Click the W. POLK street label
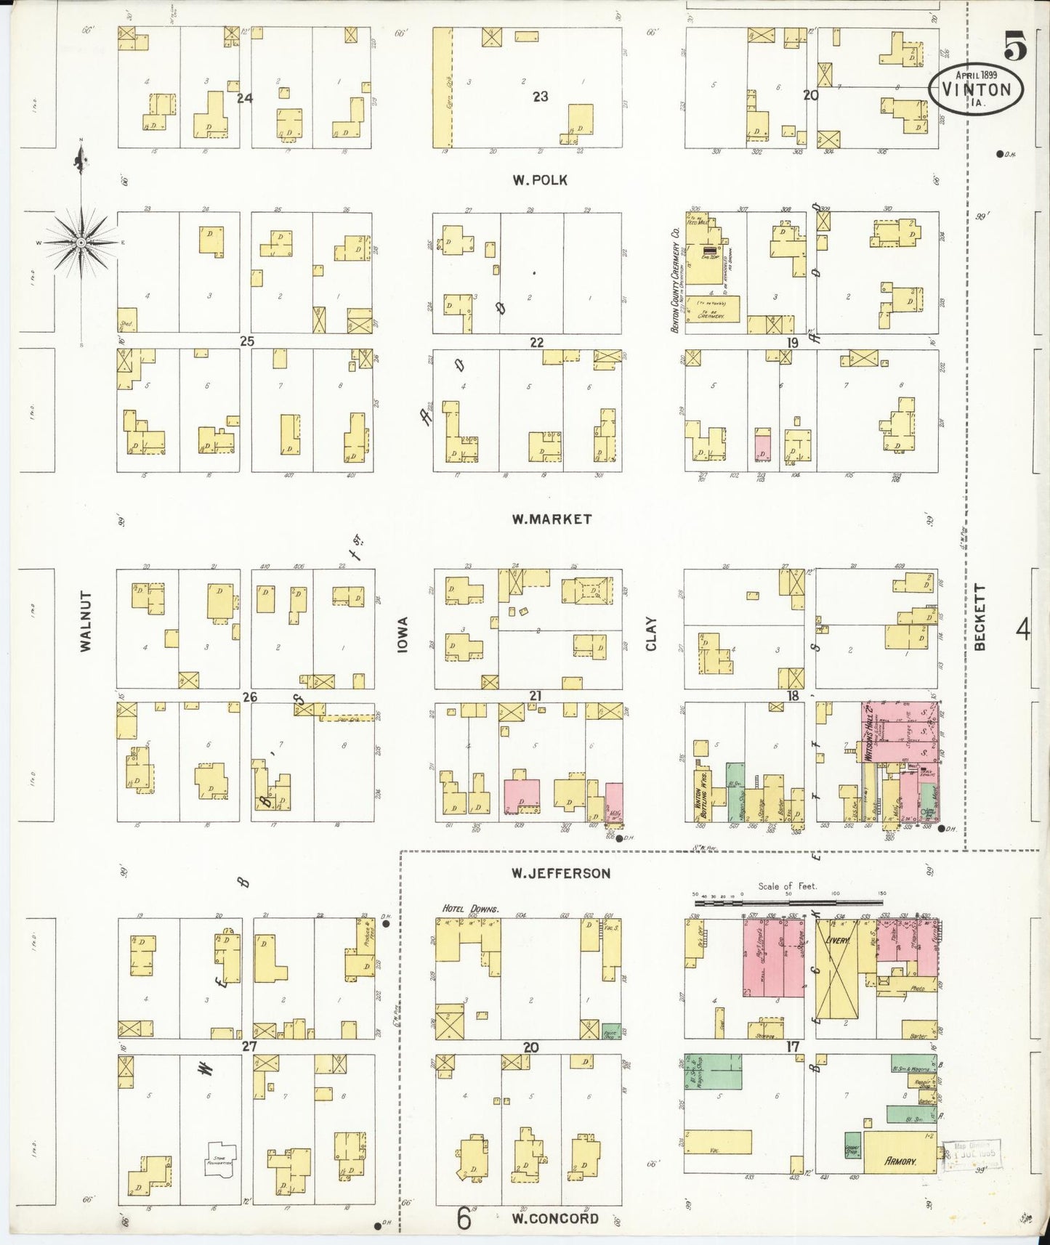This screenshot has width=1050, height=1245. (x=539, y=180)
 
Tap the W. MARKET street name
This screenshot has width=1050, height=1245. (x=552, y=519)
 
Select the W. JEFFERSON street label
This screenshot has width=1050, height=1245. (x=560, y=873)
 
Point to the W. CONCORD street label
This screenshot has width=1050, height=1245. (x=555, y=1218)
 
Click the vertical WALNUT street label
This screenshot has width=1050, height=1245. (x=86, y=621)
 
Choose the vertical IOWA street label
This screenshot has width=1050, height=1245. (x=403, y=634)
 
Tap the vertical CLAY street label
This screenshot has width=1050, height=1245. (x=651, y=634)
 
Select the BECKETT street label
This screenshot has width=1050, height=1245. (x=980, y=617)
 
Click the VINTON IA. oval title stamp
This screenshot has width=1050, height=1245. (x=976, y=89)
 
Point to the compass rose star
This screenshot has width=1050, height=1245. (x=81, y=242)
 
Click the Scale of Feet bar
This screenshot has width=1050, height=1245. (x=788, y=902)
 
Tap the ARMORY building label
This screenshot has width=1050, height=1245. (x=900, y=1161)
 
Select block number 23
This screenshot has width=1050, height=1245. (x=540, y=96)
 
